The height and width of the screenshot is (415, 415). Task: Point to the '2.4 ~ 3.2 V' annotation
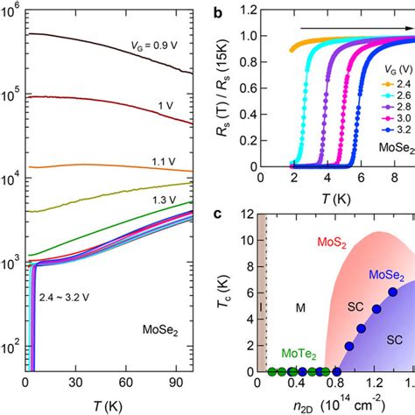point(62,299)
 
